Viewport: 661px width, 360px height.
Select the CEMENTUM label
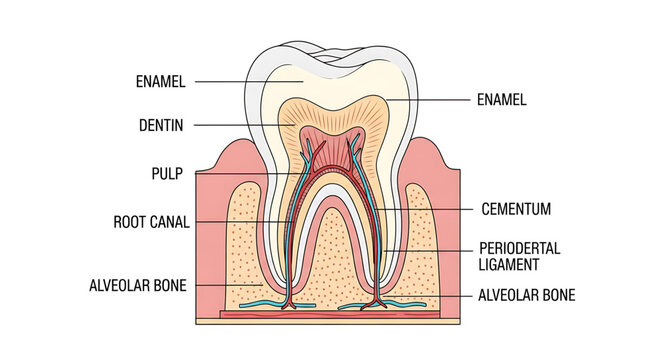point(515,210)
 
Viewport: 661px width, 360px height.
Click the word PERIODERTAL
point(519,248)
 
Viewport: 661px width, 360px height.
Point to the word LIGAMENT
point(509,264)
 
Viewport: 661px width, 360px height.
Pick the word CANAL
point(171,221)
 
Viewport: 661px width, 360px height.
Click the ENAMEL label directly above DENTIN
point(160,81)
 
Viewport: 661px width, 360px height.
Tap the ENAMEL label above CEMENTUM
point(501,100)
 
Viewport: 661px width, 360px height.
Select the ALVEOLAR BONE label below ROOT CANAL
point(138,285)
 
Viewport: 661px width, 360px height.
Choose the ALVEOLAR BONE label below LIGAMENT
point(526,295)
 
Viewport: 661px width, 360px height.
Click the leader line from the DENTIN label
point(240,126)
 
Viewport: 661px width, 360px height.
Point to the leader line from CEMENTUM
point(420,209)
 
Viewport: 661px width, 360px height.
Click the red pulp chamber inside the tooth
point(331,145)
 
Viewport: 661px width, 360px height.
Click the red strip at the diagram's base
point(330,316)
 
